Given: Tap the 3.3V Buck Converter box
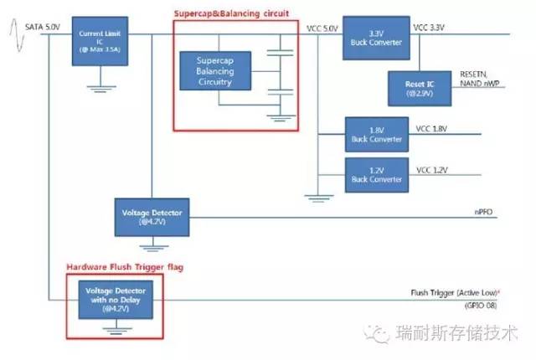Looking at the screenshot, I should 374,38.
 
